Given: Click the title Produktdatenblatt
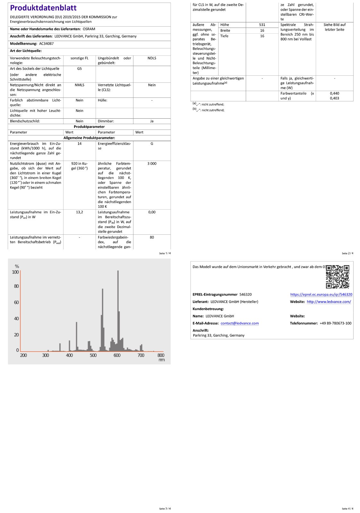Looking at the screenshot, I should tap(43, 8).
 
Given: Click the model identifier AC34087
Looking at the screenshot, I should tap(47, 44).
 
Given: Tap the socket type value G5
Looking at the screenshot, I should tap(80, 69).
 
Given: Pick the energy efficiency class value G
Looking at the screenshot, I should tap(152, 144).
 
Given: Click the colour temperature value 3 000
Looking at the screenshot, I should tap(152, 164).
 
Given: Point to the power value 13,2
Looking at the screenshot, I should tap(80, 212).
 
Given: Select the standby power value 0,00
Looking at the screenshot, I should tap(152, 212).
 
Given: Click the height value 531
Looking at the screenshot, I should tap(262, 25).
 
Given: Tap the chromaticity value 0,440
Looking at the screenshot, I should tap(334, 94).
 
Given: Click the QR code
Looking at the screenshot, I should tap(338, 276).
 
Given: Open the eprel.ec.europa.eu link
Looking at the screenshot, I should tap(321, 294).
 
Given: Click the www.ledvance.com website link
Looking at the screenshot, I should tap(329, 302).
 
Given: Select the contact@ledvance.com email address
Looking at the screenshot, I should tap(240, 323).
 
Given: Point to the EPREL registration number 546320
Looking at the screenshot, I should tap(245, 294).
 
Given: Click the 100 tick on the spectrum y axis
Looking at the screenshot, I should tap(15, 272).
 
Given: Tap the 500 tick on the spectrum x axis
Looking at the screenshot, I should tap(93, 355).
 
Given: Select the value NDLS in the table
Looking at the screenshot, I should tap(152, 58).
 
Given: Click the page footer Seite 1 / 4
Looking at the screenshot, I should tap(165, 253).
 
